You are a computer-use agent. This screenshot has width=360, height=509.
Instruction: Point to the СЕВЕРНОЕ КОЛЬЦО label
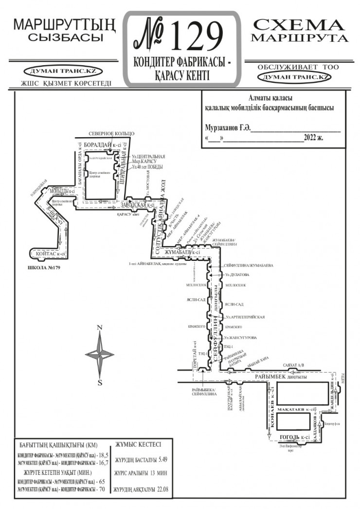(x=111, y=133)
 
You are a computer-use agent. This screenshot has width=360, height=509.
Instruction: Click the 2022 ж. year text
(x=314, y=137)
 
